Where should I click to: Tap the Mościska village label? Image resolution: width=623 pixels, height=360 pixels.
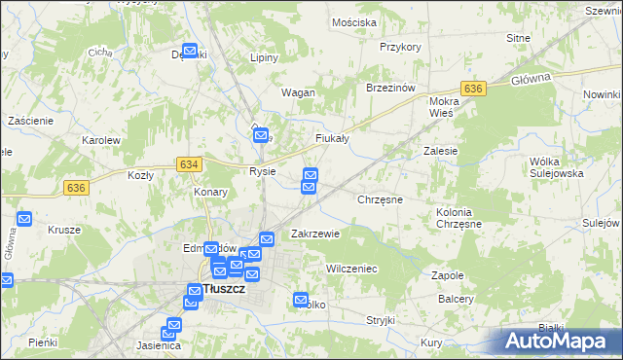(353, 21)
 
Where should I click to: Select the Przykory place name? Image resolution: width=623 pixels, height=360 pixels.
(400, 47)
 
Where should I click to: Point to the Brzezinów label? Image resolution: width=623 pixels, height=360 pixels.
(390, 87)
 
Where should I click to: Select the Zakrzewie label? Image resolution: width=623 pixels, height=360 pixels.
(315, 234)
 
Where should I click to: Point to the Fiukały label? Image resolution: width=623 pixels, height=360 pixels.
(332, 139)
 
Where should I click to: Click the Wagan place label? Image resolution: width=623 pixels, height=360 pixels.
(298, 92)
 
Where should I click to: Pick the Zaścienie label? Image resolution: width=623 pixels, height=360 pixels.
(29, 120)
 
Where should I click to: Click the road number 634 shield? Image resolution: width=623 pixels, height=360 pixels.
(189, 164)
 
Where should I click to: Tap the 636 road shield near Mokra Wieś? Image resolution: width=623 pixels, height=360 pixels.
(473, 89)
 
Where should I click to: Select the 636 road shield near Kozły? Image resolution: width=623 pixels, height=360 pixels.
(77, 187)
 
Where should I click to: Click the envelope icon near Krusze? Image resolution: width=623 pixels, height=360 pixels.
(24, 221)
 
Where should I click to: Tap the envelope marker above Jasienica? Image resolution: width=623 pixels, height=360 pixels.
(174, 325)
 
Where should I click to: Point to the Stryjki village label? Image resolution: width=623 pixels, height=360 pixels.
(380, 320)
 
